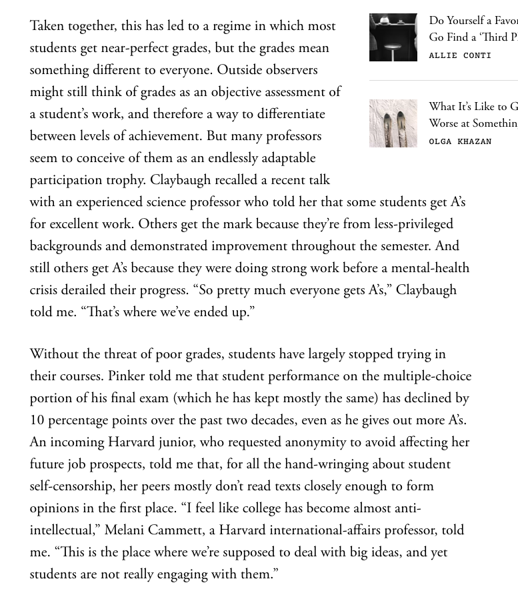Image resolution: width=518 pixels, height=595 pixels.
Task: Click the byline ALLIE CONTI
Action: click(460, 55)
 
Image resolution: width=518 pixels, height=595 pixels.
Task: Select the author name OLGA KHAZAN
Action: click(460, 141)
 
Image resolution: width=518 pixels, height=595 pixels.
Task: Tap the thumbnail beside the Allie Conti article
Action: click(393, 37)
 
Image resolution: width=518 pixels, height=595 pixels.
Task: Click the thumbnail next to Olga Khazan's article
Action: click(393, 123)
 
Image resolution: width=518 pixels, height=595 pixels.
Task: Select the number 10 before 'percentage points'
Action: click(37, 420)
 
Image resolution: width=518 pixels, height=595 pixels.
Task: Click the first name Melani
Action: click(125, 530)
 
